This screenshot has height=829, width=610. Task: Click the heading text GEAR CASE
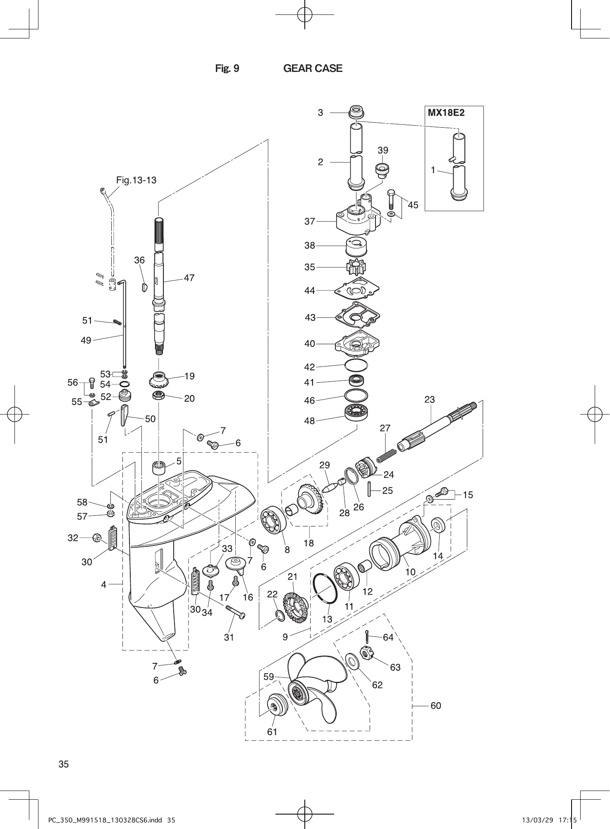[313, 68]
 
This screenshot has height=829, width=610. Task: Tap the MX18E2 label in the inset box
[446, 113]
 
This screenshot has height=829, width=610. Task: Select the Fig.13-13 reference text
[136, 180]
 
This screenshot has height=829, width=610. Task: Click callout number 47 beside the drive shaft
[189, 278]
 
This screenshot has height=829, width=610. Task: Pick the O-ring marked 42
[356, 365]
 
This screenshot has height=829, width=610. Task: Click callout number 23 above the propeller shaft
[430, 400]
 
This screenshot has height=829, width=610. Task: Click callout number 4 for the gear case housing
[104, 584]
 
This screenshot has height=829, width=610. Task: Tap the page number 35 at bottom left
[64, 764]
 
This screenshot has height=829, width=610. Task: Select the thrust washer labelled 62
[352, 661]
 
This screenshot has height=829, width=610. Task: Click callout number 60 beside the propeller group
[435, 706]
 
